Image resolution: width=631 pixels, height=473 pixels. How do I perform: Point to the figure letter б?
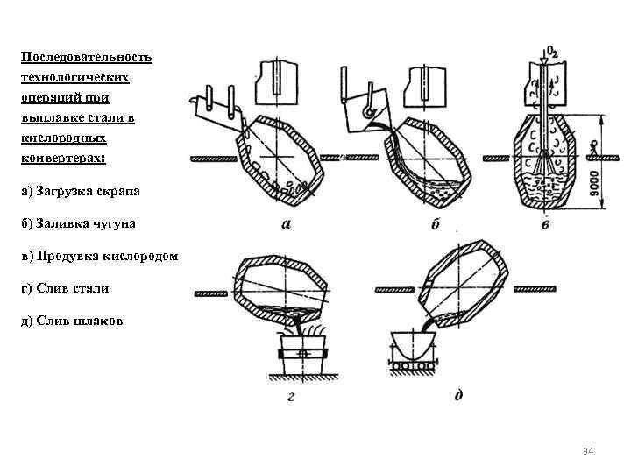(436, 225)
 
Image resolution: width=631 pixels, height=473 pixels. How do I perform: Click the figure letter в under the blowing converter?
(547, 225)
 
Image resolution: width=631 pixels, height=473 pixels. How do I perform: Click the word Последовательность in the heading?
(87, 57)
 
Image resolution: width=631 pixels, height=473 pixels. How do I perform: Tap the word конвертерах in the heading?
(62, 158)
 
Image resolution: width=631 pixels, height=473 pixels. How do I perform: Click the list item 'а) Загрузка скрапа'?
(80, 190)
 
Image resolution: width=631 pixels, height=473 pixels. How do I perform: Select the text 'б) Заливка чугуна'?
(79, 223)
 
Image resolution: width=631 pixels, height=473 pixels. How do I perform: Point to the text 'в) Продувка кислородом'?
(100, 256)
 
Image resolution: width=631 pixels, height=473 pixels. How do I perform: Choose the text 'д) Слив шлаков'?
(73, 321)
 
